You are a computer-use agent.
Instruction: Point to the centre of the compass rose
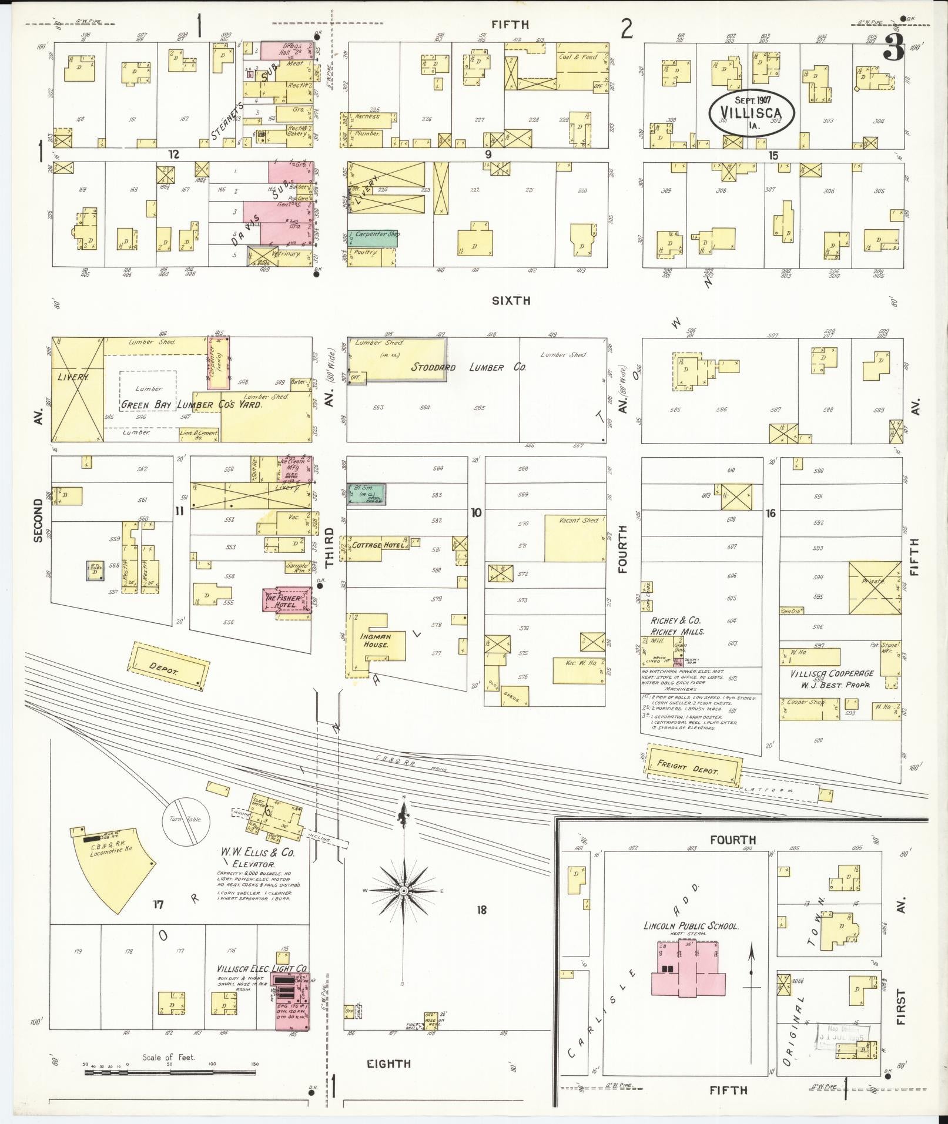point(404,907)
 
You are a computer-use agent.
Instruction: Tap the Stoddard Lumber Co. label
point(469,367)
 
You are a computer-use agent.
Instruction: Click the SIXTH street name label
point(511,300)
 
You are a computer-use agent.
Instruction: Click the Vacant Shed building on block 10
point(574,538)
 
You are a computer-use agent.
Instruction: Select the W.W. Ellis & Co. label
point(257,853)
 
